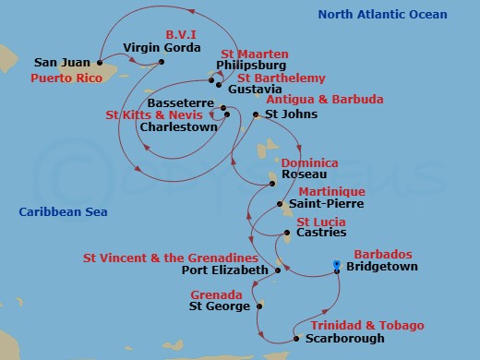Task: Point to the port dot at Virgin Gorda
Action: tap(161, 63)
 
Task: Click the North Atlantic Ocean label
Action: tap(382, 15)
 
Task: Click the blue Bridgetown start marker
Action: tap(336, 265)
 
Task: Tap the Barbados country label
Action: tap(382, 254)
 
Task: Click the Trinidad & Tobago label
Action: tap(366, 326)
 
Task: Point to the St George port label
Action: tap(220, 306)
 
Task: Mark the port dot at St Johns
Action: tap(256, 114)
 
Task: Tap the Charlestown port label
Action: tap(177, 128)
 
